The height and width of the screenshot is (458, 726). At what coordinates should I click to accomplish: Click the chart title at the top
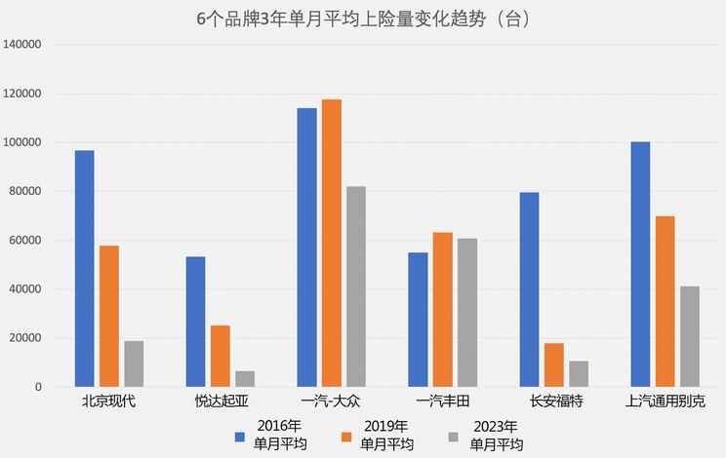362,19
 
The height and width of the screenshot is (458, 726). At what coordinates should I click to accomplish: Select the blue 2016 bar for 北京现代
85,269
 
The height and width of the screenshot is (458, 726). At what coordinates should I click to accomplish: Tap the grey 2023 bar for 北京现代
134,363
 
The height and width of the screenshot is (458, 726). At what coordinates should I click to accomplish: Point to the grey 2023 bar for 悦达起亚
245,379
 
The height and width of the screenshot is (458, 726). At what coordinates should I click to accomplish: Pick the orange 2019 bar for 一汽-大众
332,244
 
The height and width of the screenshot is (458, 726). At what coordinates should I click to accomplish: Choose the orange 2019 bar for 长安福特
554,365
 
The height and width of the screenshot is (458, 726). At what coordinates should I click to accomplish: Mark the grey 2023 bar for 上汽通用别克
690,336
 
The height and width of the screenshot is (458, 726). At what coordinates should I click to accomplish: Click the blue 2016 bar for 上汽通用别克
640,264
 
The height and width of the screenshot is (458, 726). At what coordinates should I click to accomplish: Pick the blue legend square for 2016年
239,436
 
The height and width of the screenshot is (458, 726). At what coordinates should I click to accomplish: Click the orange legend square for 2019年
343,436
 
